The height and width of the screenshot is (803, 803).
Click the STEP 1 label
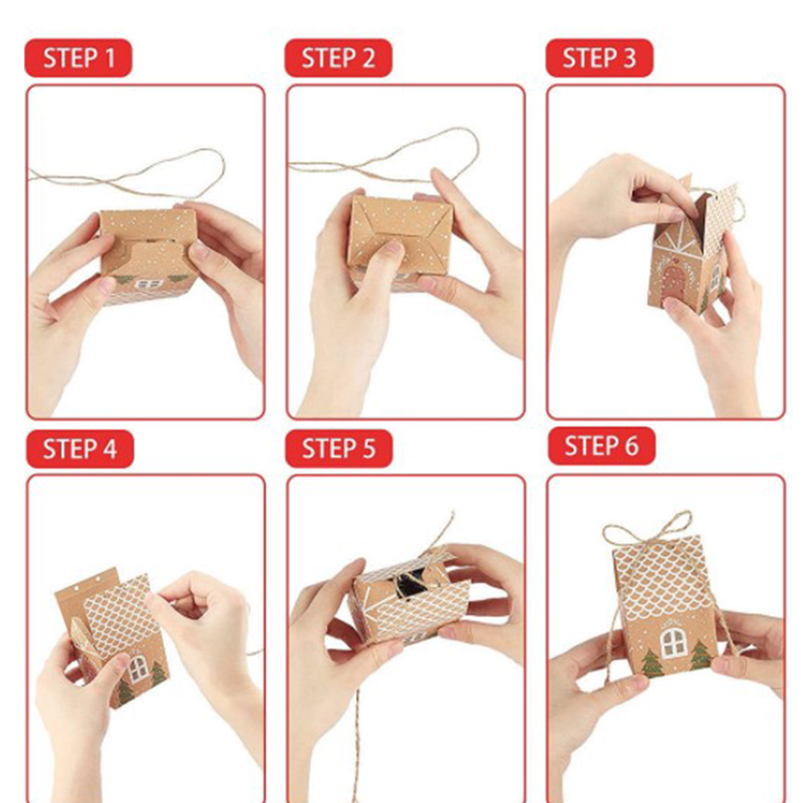[79, 58]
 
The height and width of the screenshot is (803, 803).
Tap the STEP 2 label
[338, 58]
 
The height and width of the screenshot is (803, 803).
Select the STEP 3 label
[599, 58]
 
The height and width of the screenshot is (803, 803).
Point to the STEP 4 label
[80, 449]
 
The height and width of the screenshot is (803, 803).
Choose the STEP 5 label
[339, 448]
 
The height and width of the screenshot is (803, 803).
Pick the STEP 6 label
[602, 446]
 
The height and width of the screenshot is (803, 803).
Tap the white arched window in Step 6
[673, 644]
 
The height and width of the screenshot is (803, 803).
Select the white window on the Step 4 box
[138, 669]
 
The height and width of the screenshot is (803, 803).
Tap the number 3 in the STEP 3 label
[629, 58]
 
